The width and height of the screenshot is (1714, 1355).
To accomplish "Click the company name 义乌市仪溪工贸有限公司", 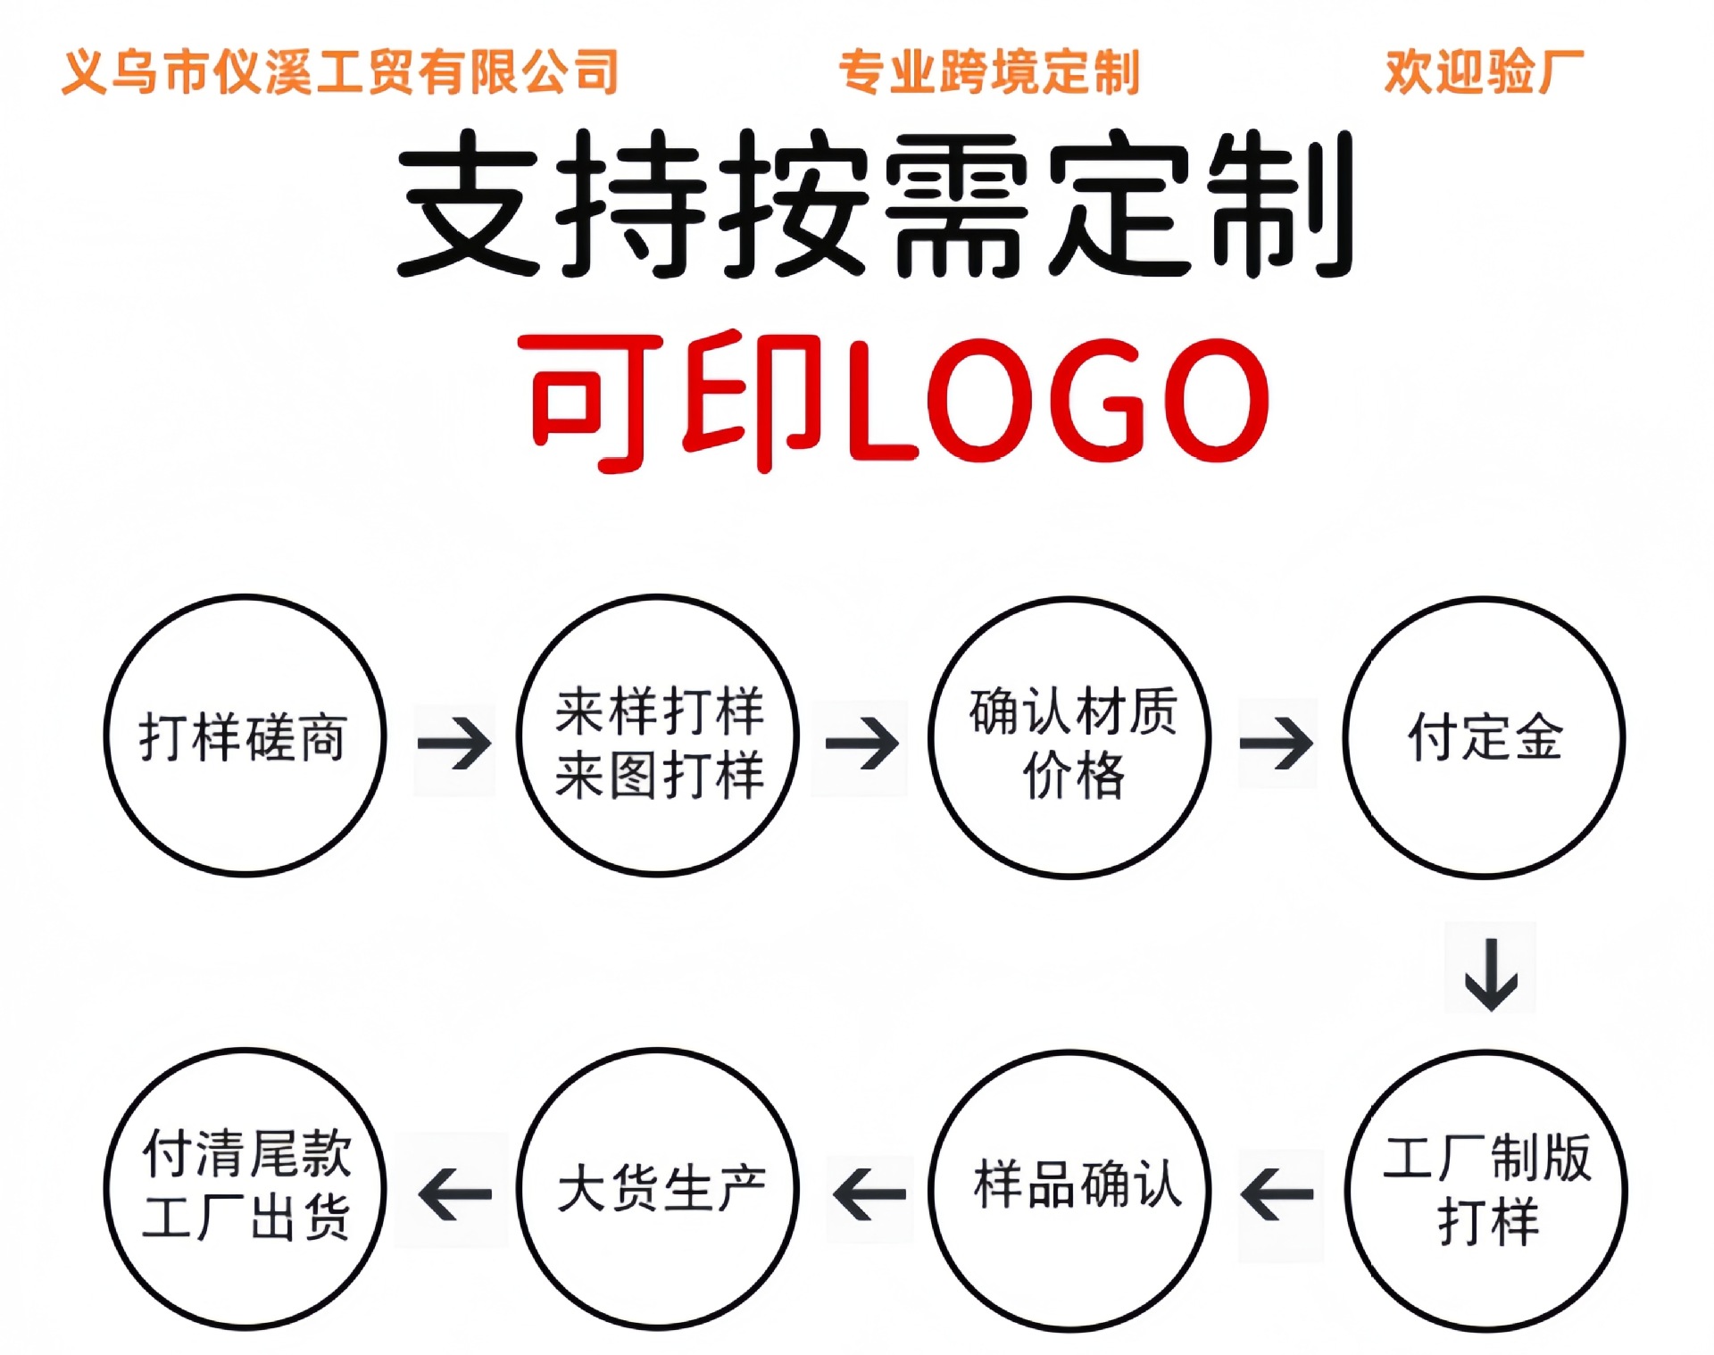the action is [340, 72].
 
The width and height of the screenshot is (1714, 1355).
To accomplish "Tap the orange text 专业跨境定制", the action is [989, 72].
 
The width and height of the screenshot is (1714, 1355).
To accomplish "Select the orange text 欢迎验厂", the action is [1484, 72].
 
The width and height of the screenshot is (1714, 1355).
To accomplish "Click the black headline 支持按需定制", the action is [875, 204].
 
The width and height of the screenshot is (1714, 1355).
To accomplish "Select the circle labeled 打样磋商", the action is [245, 736].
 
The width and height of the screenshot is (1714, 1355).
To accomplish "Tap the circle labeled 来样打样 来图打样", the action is [658, 736].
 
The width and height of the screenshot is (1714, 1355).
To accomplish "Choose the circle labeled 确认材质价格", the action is [1070, 737].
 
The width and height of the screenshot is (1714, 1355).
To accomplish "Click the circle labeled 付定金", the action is [1484, 737].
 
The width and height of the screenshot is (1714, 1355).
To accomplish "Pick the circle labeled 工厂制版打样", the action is [1485, 1191].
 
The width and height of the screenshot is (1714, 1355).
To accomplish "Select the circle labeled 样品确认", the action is [1070, 1189].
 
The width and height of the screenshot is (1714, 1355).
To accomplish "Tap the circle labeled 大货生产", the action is [658, 1189].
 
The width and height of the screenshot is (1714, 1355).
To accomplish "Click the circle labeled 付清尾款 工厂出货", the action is [245, 1189].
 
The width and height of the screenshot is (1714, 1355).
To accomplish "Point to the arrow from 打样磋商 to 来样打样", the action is [454, 743].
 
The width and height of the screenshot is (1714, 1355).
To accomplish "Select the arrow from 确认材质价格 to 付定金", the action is [1277, 743].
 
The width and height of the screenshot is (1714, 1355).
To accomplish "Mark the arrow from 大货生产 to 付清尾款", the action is [454, 1194].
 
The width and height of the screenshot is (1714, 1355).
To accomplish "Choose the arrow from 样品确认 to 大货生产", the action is [869, 1194].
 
